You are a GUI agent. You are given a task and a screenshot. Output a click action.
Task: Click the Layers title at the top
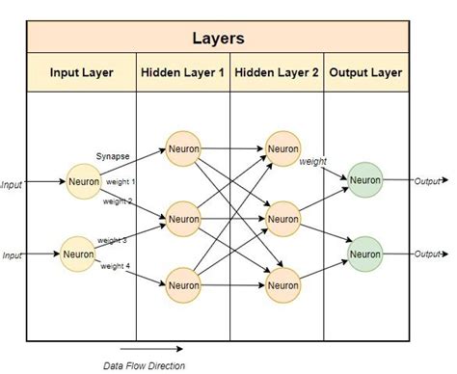[217, 40]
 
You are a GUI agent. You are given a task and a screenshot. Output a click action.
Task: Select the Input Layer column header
[82, 72]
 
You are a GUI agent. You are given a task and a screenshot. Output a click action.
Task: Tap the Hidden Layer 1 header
[183, 72]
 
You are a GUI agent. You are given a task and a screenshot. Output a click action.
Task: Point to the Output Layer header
[364, 72]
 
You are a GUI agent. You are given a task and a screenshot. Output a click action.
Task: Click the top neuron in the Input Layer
[84, 181]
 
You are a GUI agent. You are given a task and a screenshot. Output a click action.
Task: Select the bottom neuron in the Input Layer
[79, 254]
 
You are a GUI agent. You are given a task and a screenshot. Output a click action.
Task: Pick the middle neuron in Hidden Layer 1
[183, 219]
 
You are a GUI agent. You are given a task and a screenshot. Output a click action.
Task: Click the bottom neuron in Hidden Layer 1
[183, 285]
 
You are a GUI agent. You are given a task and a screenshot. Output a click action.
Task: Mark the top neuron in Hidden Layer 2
[282, 148]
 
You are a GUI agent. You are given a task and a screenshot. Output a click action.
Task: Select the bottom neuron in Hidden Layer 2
[282, 285]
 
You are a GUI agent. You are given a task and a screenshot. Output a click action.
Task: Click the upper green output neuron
[365, 179]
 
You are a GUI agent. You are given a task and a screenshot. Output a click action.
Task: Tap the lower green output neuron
[365, 254]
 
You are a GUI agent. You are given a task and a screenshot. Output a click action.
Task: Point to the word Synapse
[113, 155]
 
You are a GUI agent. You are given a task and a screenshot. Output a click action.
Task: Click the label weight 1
[121, 181]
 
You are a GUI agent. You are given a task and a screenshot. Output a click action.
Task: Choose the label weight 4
[114, 265]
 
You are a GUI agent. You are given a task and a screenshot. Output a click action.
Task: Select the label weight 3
[112, 240]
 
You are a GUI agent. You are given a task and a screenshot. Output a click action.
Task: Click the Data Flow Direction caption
[144, 365]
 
